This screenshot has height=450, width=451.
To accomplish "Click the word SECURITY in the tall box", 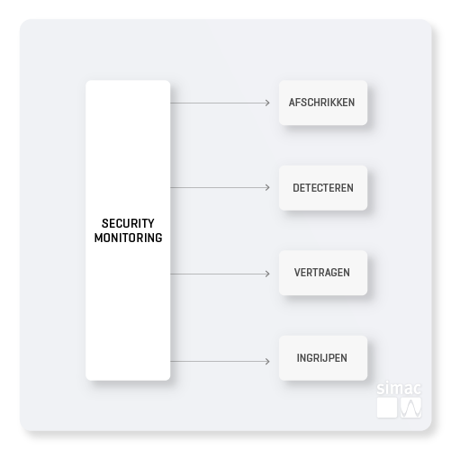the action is coord(128,223).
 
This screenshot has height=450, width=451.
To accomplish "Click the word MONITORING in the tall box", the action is coord(128,238).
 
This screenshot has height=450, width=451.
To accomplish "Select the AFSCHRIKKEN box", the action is coord(323,103).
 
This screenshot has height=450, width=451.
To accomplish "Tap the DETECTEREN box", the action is coord(323,188).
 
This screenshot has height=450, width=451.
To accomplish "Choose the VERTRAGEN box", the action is coord(323,273).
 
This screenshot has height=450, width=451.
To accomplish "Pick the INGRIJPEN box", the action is coord(323,358).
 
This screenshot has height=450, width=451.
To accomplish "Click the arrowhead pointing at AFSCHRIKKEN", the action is coord(268,103).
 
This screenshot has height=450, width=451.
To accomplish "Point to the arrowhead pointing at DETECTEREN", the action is coord(268,187).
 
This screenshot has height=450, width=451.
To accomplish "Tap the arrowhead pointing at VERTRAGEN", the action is coord(268,274).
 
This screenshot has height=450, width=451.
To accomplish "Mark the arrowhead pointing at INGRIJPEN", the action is coord(268,361).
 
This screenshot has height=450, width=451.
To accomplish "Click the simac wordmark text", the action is coord(399,389).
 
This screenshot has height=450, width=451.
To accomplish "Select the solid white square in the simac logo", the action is coord(387,408).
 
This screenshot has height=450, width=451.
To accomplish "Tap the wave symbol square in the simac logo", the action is coord(411,408).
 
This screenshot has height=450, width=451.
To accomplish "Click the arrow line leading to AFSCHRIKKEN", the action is coord(220,103).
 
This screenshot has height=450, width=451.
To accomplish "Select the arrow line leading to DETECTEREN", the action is coord(220,187).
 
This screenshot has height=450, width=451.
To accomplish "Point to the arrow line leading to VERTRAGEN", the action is coord(220,274).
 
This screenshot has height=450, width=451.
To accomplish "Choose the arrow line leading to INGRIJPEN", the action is coord(220,361).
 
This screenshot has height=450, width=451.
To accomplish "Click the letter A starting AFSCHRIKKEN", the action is coord(293,103).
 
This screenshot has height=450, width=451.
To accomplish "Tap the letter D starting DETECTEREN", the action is coord(296,188).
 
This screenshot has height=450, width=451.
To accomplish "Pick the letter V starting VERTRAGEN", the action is coord(298,273).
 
